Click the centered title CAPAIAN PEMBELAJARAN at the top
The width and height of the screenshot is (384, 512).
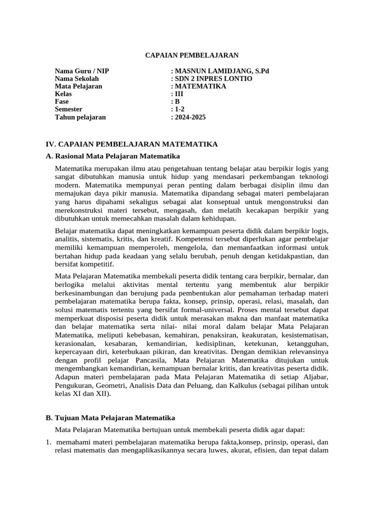point(192,55)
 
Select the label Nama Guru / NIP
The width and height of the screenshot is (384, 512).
point(82,71)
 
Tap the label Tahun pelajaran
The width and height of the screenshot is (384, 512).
point(80,117)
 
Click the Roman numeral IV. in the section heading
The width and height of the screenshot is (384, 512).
point(51,144)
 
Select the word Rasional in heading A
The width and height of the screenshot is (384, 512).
point(70,156)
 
